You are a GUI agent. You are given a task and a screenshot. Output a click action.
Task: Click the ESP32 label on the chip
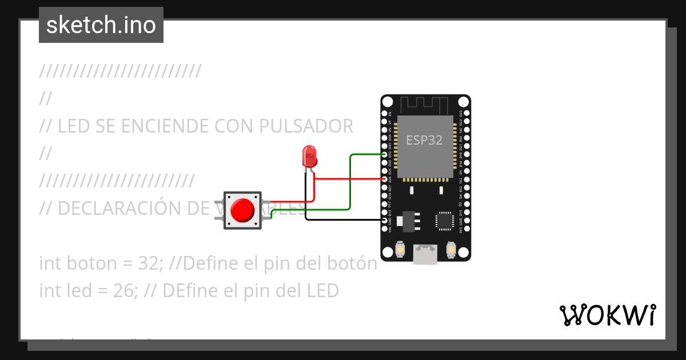click(424, 140)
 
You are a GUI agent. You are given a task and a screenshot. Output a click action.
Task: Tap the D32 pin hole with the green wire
click(384, 154)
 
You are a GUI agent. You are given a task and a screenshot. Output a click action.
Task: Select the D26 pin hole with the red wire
click(384, 179)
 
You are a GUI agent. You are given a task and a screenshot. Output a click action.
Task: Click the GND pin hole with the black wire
click(384, 220)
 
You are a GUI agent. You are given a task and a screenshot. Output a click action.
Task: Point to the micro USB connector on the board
click(425, 255)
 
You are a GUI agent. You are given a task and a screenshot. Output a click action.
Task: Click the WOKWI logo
click(607, 315)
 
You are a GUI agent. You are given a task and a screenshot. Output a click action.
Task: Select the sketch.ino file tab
click(101, 25)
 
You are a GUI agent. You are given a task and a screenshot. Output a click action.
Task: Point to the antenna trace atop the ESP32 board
click(425, 105)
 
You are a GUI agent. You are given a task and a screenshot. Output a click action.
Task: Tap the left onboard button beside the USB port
click(400, 250)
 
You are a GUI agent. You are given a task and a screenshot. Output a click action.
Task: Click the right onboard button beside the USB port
click(451, 250)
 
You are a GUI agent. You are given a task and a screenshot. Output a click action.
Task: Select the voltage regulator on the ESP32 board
click(409, 221)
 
